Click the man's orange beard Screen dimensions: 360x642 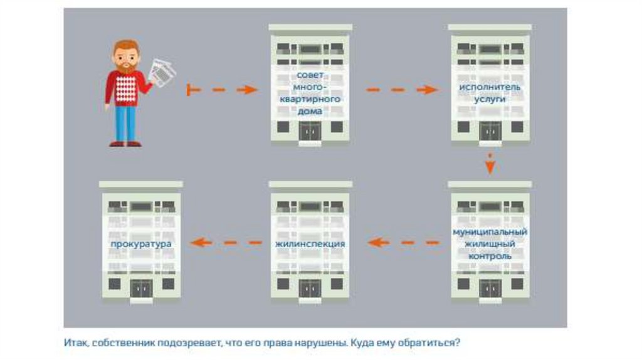click(127, 66)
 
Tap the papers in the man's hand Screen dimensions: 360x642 click(162, 73)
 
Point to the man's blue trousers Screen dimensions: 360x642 click(125, 123)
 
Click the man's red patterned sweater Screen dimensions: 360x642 click(127, 88)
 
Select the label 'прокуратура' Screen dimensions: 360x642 click(141, 243)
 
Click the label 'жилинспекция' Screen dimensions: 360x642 click(310, 243)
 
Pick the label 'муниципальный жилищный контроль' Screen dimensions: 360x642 click(490, 243)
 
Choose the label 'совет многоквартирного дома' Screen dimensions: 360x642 click(310, 93)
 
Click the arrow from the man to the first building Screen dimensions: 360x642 click(222, 90)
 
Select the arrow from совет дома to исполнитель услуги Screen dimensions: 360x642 click(401, 90)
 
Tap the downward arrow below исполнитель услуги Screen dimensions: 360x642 click(490, 163)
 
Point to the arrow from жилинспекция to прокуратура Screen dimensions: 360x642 click(225, 242)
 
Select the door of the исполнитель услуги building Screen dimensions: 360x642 click(490, 131)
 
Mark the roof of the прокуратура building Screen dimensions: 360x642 click(141, 184)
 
